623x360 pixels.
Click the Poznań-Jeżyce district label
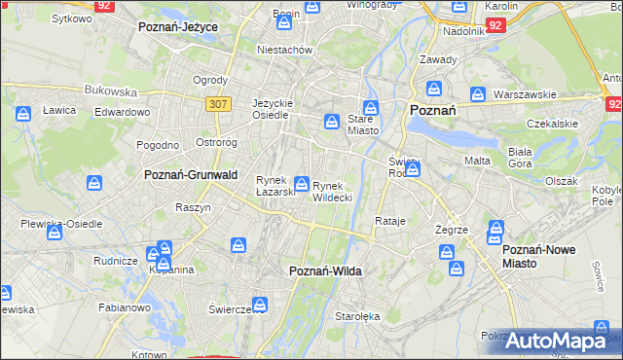[177, 27]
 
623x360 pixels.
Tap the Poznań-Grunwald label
[191, 175]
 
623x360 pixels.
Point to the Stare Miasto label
[362, 124]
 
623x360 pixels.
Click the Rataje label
[390, 222]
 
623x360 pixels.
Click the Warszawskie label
[524, 95]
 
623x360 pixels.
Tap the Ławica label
[59, 111]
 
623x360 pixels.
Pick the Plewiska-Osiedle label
[61, 224]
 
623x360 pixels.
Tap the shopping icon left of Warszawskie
[478, 94]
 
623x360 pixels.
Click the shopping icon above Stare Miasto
[370, 107]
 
